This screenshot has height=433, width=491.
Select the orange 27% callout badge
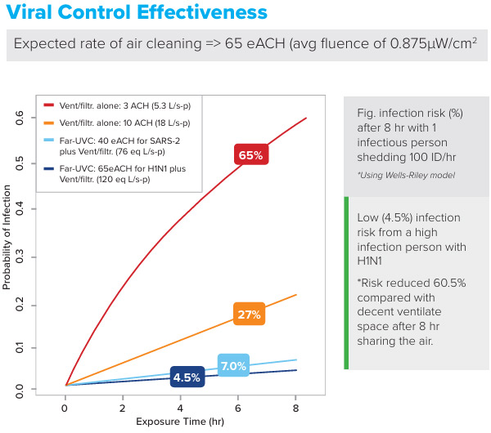(249, 315)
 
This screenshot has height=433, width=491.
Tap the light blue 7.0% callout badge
(233, 365)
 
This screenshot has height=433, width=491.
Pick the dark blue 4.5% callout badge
(187, 377)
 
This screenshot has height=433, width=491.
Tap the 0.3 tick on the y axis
(20, 257)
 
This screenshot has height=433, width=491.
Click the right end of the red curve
(306, 118)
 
